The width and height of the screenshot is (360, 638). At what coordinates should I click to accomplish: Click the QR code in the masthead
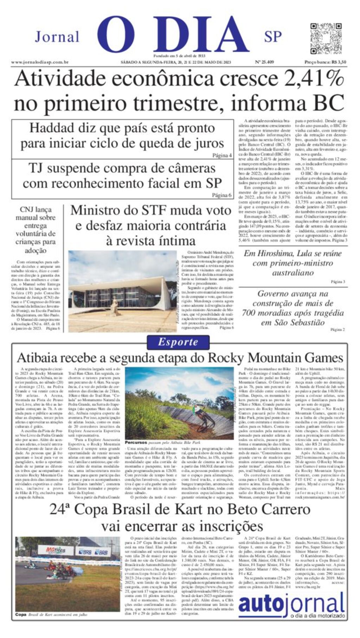point(326,38)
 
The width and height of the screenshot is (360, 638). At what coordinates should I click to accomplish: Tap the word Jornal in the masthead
point(57,37)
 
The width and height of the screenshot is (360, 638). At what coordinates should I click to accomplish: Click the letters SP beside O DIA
point(273,37)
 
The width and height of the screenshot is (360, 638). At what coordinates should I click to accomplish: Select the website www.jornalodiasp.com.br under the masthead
point(39,62)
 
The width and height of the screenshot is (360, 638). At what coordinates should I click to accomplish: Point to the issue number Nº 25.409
point(264,62)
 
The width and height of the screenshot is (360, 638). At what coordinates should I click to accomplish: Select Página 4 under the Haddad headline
point(222,155)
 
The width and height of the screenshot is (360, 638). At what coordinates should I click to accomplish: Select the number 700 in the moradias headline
point(249,313)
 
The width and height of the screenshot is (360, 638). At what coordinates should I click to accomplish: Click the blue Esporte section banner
point(178,342)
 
